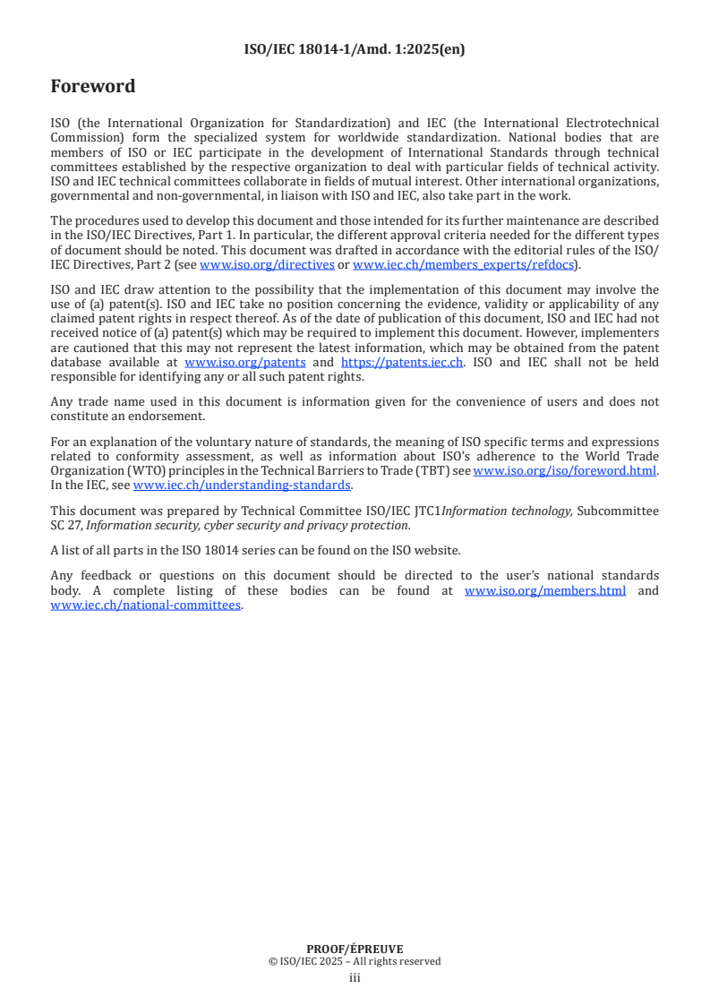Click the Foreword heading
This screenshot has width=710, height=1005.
pyautogui.click(x=93, y=87)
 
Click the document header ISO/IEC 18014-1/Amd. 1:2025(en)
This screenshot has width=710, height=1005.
pyautogui.click(x=355, y=49)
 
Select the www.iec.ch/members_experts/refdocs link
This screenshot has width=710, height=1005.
pyautogui.click(x=463, y=264)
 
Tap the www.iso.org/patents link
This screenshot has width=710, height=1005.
pyautogui.click(x=244, y=362)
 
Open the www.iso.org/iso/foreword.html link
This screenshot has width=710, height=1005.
pyautogui.click(x=564, y=470)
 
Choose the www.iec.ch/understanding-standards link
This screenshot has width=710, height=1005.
pyautogui.click(x=242, y=485)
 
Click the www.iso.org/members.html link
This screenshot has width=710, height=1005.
pyautogui.click(x=544, y=591)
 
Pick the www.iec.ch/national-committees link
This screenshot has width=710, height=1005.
pyautogui.click(x=145, y=605)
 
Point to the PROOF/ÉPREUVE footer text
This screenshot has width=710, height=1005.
pyautogui.click(x=355, y=949)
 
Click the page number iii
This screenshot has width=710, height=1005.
pyautogui.click(x=355, y=978)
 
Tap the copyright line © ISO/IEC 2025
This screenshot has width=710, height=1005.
pyautogui.click(x=355, y=961)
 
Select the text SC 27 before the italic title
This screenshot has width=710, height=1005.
pyautogui.click(x=65, y=525)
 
